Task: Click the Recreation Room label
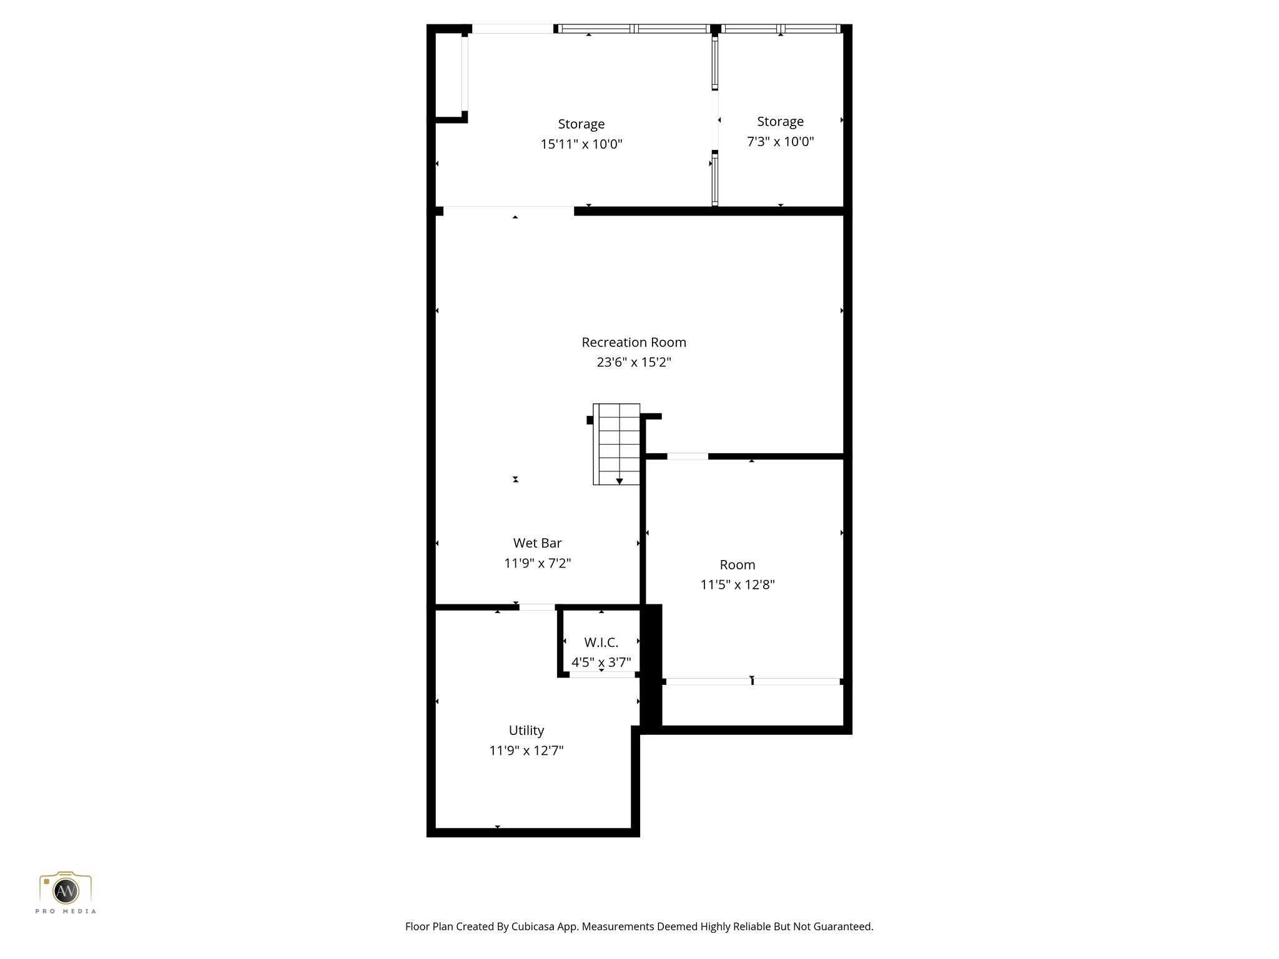click(x=633, y=342)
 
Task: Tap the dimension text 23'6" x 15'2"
click(x=633, y=362)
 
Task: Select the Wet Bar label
click(x=537, y=543)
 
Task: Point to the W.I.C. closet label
click(x=601, y=642)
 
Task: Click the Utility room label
click(x=526, y=730)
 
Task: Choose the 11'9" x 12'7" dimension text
click(x=526, y=750)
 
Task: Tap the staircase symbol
click(x=616, y=443)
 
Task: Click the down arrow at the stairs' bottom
click(x=619, y=481)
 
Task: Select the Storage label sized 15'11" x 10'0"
click(x=581, y=124)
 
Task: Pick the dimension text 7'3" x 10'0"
click(x=780, y=142)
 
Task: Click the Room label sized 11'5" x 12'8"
click(x=737, y=564)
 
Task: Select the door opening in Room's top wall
click(x=687, y=456)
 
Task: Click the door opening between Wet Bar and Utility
click(x=536, y=607)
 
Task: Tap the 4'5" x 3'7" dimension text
click(x=601, y=662)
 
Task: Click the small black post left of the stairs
click(x=590, y=420)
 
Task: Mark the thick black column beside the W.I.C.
click(x=651, y=665)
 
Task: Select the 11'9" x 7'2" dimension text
click(x=537, y=563)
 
